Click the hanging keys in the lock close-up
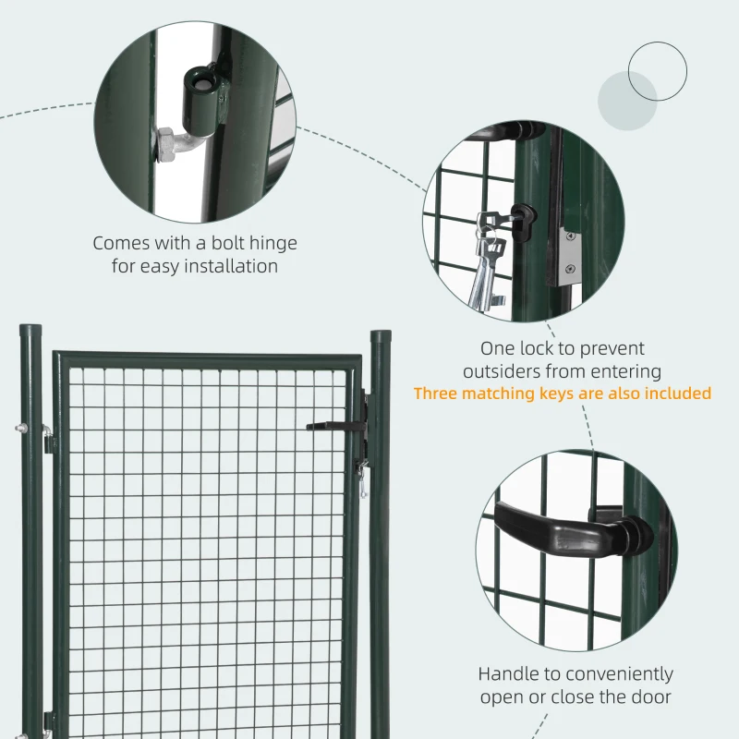tap(487, 263)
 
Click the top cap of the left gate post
tap(31, 329)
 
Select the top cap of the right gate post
tap(381, 336)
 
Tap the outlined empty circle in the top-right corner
tap(657, 71)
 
